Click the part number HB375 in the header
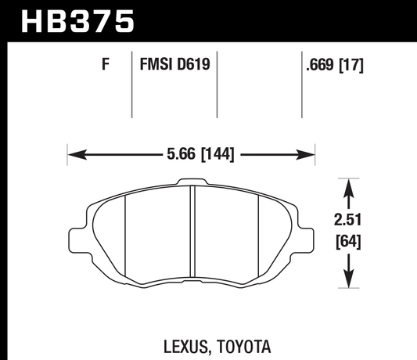(77, 20)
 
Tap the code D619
(193, 67)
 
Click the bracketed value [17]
(352, 67)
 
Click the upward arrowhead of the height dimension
(349, 182)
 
